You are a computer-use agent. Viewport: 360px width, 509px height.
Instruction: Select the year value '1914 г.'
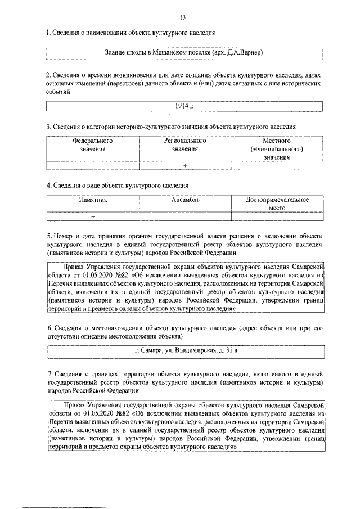pos(184,107)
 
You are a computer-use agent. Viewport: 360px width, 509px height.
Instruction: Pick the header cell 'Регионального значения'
pos(185,145)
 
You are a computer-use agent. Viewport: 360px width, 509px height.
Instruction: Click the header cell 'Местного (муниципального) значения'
pos(276,150)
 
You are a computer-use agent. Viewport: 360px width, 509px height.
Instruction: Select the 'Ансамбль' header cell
pos(185,199)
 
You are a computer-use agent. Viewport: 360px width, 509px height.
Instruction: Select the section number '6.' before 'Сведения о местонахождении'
pos(49,328)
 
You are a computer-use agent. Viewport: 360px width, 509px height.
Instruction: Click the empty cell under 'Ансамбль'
pos(185,216)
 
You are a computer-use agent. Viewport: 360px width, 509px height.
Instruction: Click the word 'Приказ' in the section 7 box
pos(75,404)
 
